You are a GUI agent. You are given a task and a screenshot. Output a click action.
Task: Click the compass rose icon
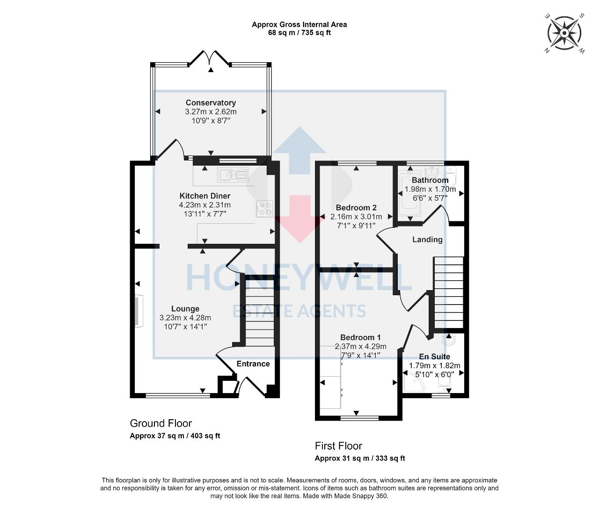[564, 33]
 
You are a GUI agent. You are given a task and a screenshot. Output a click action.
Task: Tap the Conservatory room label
[211, 102]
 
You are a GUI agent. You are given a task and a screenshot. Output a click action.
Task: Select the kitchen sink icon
[233, 175]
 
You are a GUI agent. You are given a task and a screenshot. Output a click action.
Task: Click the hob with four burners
[264, 209]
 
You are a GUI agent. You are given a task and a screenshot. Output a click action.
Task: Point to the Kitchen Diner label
[205, 196]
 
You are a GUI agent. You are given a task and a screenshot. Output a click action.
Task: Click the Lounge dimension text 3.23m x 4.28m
[185, 318]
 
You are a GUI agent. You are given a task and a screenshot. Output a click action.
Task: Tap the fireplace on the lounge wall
[139, 311]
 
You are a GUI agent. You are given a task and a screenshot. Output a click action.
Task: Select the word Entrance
[253, 364]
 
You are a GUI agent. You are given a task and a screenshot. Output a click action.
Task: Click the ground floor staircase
[260, 313]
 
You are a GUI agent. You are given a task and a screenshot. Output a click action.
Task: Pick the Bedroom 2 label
[356, 207]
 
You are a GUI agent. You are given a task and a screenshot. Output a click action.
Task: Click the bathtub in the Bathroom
[409, 194]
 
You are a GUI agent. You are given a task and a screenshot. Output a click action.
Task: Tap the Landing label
[427, 240]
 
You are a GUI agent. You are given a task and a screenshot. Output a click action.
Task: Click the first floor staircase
[448, 293]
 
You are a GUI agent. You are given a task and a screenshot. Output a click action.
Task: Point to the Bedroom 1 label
[360, 337]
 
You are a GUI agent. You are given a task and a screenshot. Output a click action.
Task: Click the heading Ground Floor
[161, 423]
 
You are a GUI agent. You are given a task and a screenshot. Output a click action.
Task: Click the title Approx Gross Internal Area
[299, 25]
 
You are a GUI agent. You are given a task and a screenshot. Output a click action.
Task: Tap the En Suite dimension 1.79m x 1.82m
[434, 365]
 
